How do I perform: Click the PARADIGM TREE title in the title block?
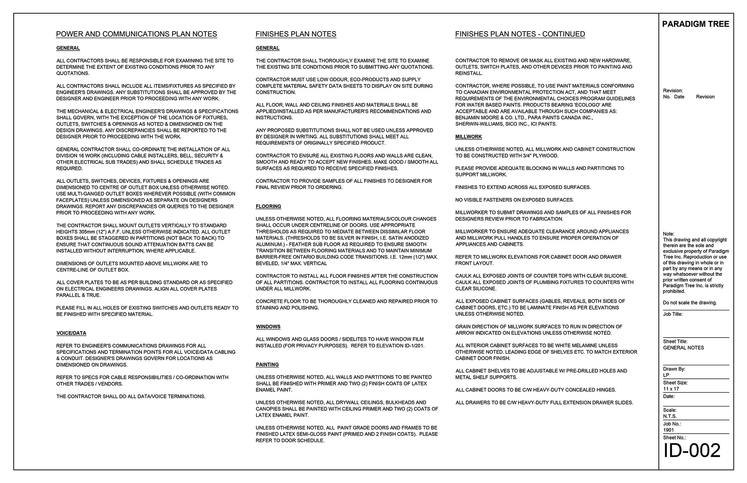pos(695,24)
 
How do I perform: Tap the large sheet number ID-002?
pos(692,451)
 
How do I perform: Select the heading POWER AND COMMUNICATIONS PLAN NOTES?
pos(137,34)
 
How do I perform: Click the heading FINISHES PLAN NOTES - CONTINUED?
pos(520,34)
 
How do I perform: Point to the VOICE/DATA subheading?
pos(71,333)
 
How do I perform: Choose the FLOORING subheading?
pos(268,206)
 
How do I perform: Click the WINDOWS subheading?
pos(268,327)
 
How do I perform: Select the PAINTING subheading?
pos(267,365)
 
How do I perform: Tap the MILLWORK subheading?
pos(468,137)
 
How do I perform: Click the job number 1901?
pos(668,430)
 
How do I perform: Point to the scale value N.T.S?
pos(670,416)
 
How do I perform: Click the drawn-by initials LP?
pos(666,375)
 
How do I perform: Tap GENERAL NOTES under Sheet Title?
pos(683,348)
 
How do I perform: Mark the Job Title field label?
pos(673,314)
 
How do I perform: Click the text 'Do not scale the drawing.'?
pos(689,303)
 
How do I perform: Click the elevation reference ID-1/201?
pos(411,346)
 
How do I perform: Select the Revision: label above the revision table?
pos(673,91)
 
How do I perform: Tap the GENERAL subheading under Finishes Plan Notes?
pos(268,48)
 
